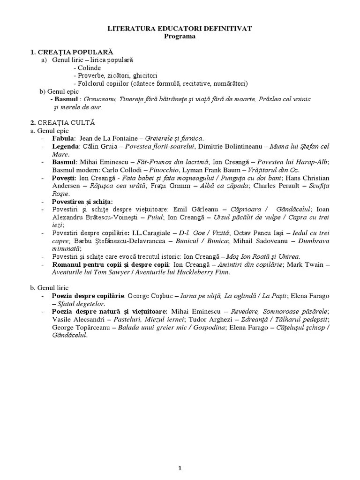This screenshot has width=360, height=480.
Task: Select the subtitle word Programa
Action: coord(180,36)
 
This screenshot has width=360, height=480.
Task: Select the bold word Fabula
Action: coord(64,138)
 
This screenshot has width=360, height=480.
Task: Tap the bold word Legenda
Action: coord(66,146)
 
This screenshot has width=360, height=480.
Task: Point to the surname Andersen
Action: coord(67,186)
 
